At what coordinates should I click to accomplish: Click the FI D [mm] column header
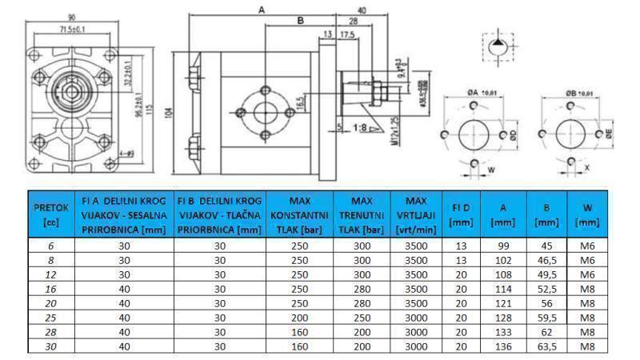coord(460,214)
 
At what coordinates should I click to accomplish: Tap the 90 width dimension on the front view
coord(71,17)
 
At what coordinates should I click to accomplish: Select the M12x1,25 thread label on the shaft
coord(394,135)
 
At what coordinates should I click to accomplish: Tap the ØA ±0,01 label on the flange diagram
coord(478,94)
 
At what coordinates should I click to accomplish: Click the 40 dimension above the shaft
coord(362,10)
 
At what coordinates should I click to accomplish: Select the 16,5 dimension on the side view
coord(298,103)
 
